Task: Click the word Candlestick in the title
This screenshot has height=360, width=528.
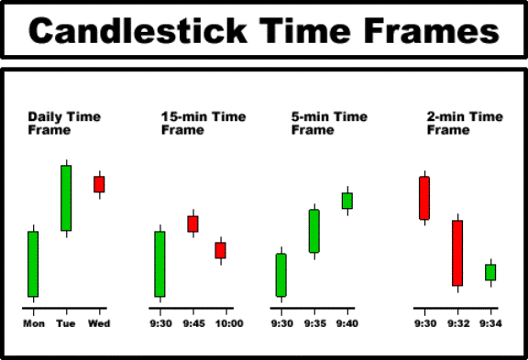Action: tap(138, 30)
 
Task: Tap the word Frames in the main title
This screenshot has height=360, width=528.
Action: tap(432, 30)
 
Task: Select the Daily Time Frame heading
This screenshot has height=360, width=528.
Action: tap(64, 123)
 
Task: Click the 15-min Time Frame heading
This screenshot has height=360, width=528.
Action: tap(203, 123)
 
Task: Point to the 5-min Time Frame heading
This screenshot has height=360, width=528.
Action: tap(329, 123)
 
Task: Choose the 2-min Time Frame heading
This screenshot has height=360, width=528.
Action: tap(465, 123)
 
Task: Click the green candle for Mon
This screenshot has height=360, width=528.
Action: tap(33, 264)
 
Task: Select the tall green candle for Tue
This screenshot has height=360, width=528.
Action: tap(66, 198)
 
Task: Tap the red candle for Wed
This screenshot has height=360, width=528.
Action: tap(99, 184)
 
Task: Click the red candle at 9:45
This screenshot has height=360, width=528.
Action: tap(192, 224)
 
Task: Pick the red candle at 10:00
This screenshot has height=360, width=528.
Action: tap(221, 250)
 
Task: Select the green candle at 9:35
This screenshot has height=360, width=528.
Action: tap(314, 231)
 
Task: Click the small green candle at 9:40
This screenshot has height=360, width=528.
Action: tap(347, 201)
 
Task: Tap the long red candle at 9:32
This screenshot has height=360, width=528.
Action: tap(457, 253)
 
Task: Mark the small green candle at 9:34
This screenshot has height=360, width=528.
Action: tap(490, 273)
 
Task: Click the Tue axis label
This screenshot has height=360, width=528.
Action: tap(66, 323)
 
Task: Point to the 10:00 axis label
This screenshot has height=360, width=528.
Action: tap(229, 323)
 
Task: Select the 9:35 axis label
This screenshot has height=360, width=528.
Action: tap(315, 323)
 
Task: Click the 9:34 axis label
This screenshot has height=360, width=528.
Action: tap(491, 323)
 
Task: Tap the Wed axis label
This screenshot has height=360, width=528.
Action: tap(99, 323)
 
